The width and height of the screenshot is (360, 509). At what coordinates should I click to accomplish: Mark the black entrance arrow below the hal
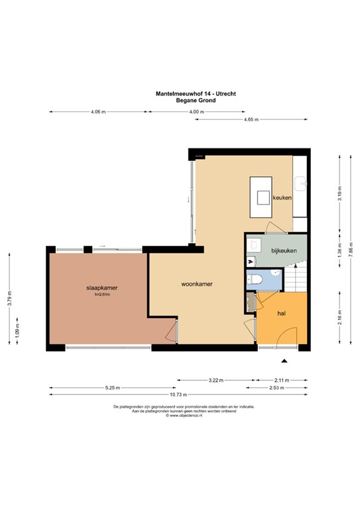coord(284,361)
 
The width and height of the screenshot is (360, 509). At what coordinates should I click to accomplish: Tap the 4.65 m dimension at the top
coord(251,119)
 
